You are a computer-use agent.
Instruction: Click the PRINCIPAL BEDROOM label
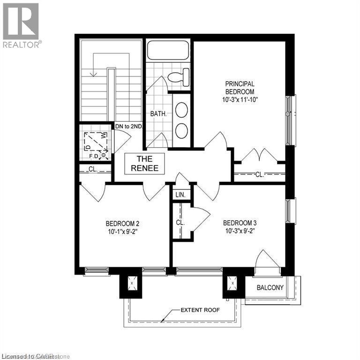click(x=240, y=87)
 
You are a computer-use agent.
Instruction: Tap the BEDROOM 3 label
click(x=240, y=223)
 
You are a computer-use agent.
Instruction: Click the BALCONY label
click(x=270, y=287)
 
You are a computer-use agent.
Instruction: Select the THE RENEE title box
click(x=144, y=164)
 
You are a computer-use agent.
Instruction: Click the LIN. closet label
click(x=180, y=195)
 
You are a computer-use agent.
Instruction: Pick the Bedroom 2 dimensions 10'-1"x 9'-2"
click(x=122, y=231)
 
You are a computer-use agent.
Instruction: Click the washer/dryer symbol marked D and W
click(x=96, y=142)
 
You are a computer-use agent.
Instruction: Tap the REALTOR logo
click(x=21, y=25)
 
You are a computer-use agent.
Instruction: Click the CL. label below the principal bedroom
click(x=259, y=175)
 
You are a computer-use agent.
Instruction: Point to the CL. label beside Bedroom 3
click(x=180, y=223)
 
